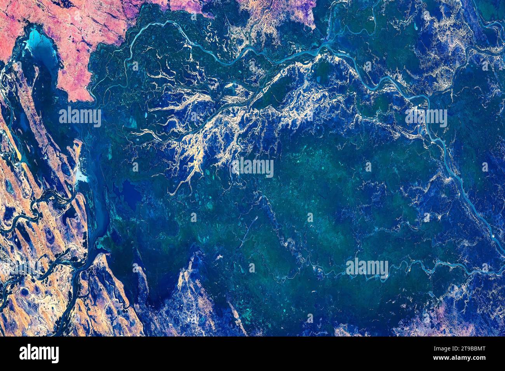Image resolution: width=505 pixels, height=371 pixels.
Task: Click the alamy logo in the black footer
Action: [x=39, y=354]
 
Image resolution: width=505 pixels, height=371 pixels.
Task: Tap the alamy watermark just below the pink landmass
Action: [x=80, y=116]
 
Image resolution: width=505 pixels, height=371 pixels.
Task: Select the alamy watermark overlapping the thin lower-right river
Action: [x=367, y=268]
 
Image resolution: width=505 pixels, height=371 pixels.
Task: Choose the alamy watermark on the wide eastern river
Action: [x=426, y=117]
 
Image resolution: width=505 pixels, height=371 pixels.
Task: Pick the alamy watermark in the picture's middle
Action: [x=252, y=167]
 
